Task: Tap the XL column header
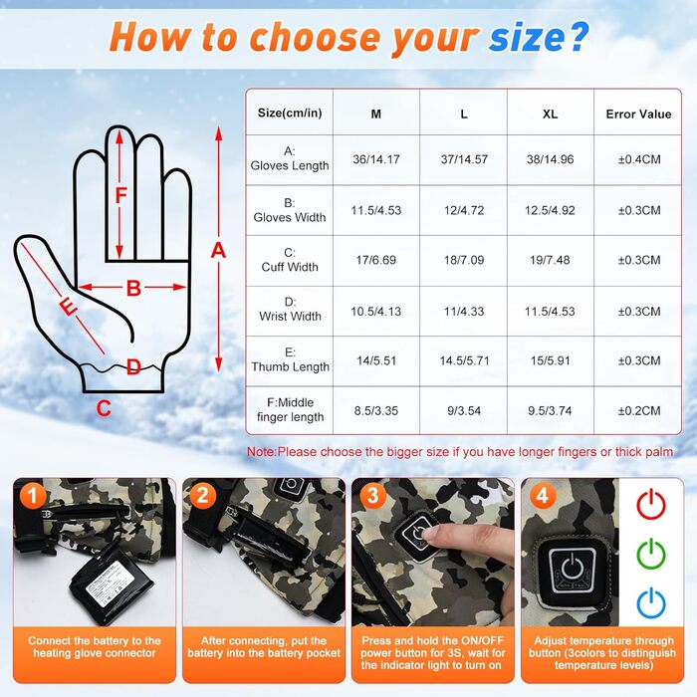click(550, 115)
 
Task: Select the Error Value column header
click(638, 115)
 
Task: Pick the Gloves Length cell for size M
click(376, 159)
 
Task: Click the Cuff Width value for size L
click(464, 260)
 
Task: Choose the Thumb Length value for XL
click(550, 360)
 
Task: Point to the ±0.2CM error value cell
click(639, 410)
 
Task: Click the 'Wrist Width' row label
click(290, 310)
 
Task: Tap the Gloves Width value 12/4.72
click(464, 210)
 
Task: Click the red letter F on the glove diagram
click(120, 195)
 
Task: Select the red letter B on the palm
click(133, 288)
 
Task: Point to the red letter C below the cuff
click(104, 408)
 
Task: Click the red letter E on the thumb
click(68, 307)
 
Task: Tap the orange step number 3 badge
click(372, 496)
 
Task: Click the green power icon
click(651, 554)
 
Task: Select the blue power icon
click(651, 602)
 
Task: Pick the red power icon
click(651, 504)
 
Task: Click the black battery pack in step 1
click(112, 584)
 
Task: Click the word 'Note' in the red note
click(261, 452)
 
